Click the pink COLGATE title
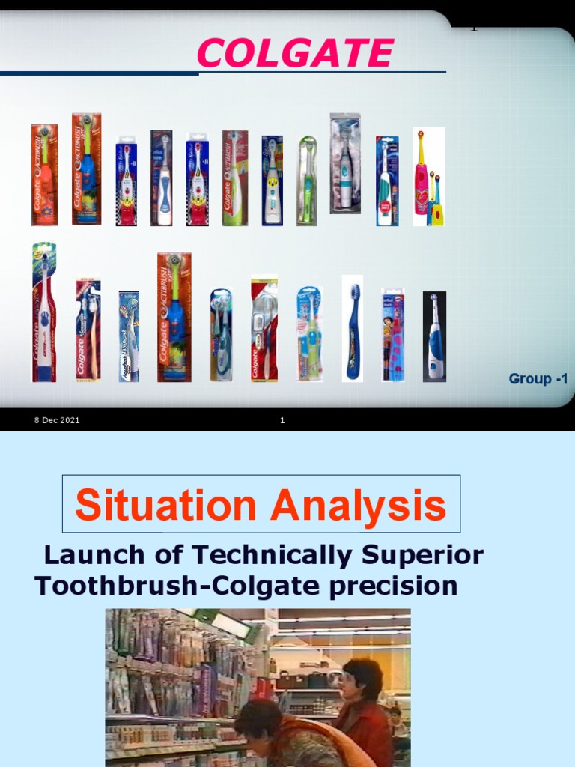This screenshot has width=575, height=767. [x=295, y=54]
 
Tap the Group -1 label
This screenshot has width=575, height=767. [x=538, y=379]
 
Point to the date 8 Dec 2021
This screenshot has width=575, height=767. [x=57, y=420]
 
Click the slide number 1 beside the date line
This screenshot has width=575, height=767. [x=282, y=420]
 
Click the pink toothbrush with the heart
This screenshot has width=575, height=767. [x=422, y=177]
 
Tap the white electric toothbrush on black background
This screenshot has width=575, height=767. [x=434, y=336]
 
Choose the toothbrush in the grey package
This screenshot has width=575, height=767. [x=345, y=164]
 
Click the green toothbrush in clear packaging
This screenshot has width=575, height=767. [x=307, y=181]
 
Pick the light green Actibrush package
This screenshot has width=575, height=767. [x=234, y=178]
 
